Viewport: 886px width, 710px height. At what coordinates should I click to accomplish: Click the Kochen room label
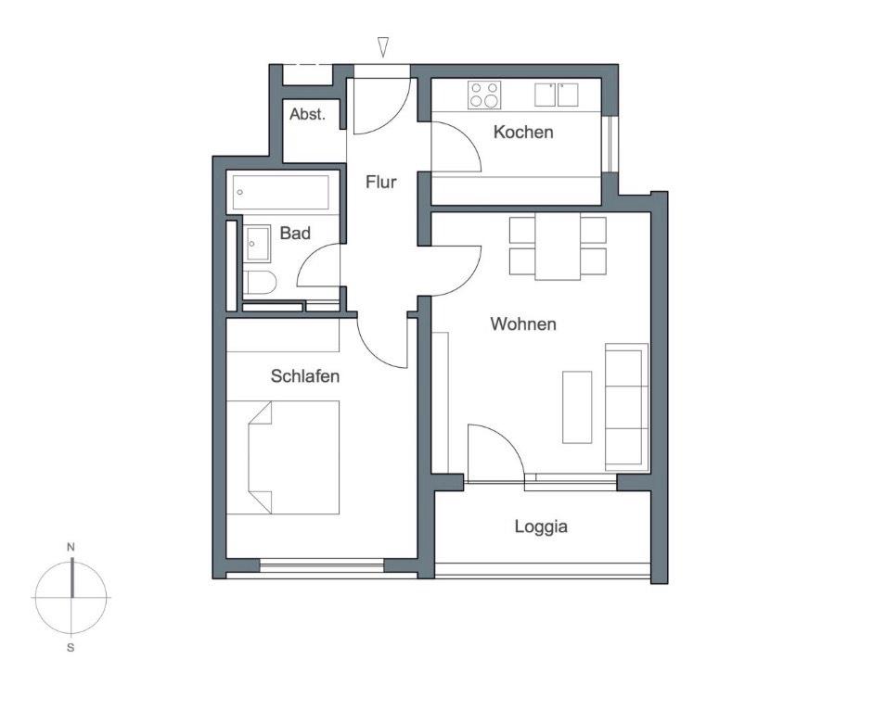click(x=522, y=133)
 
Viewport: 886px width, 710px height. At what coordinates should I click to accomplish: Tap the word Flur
click(x=380, y=183)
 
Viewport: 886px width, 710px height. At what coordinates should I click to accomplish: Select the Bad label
click(x=295, y=234)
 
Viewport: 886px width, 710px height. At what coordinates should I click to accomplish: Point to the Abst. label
click(x=307, y=115)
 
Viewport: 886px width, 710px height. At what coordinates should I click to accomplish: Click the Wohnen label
click(x=523, y=324)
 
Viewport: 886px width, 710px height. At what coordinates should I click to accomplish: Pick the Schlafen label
click(x=305, y=376)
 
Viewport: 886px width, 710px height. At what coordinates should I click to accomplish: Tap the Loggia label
click(x=541, y=527)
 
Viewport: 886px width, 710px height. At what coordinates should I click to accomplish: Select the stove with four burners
click(x=483, y=95)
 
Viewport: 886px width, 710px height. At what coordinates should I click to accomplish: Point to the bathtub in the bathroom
click(x=281, y=192)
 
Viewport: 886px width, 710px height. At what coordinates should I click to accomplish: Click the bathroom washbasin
click(x=257, y=244)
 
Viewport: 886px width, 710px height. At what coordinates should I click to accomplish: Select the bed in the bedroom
click(x=284, y=457)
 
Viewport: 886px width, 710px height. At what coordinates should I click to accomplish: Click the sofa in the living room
click(x=626, y=406)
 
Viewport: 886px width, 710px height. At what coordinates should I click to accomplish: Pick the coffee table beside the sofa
click(x=577, y=406)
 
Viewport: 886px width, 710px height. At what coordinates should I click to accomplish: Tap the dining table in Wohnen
click(x=558, y=247)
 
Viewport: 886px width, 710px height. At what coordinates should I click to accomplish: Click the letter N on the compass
click(x=71, y=548)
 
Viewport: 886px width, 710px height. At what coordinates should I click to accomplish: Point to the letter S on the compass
click(x=71, y=647)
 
